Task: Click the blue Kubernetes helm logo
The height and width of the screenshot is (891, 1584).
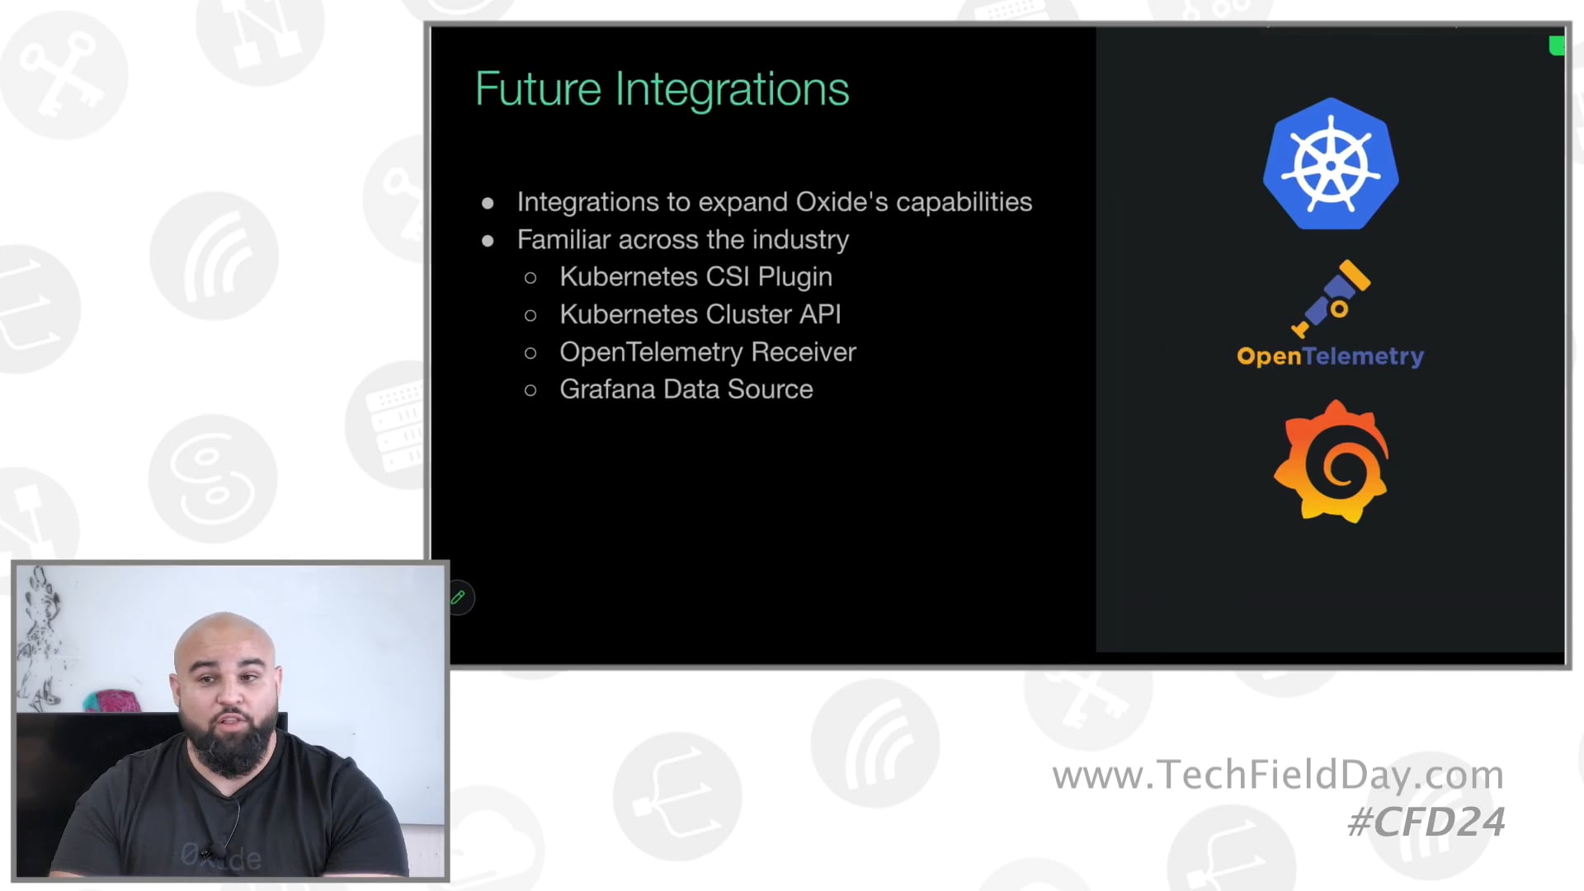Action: [1330, 164]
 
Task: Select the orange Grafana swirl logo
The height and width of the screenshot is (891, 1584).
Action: [1331, 462]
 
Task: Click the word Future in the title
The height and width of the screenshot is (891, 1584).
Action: [538, 89]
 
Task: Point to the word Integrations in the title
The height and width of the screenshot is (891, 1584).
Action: [732, 89]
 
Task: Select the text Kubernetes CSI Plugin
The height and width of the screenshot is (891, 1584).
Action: [695, 277]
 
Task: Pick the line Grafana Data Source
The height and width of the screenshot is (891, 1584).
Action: [686, 389]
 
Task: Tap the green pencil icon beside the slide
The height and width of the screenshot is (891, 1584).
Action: [459, 597]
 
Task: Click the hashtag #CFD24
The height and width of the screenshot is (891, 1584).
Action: [1426, 823]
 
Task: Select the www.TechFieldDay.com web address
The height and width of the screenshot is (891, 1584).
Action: [1277, 775]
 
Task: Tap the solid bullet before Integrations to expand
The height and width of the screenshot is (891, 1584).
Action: [488, 203]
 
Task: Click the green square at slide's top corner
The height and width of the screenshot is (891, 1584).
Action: [1556, 46]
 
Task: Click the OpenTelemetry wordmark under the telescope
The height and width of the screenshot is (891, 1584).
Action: [1330, 356]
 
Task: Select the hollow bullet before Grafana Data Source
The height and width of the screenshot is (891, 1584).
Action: [530, 390]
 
